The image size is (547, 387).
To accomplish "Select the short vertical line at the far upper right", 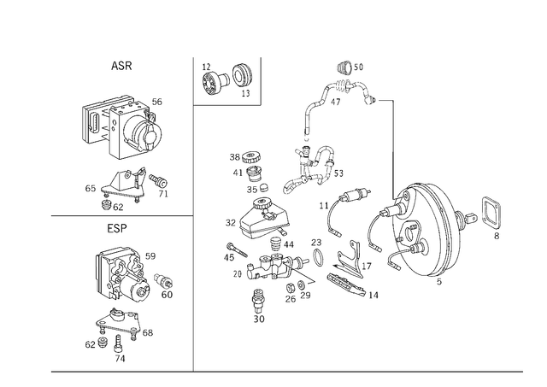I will click(x=392, y=126).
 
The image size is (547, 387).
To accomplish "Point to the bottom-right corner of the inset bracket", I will click(x=259, y=104).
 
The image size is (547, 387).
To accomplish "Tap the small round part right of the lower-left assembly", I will click(x=167, y=289).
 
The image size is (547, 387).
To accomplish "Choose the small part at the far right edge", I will click(x=491, y=214).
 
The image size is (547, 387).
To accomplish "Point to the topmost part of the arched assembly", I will click(x=349, y=67).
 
